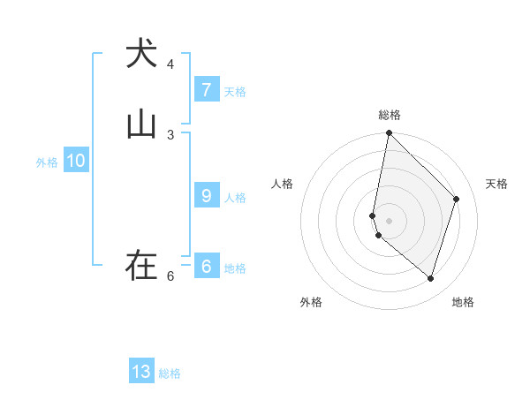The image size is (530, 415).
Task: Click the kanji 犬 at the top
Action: (x=141, y=54)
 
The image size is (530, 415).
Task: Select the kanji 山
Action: (x=141, y=124)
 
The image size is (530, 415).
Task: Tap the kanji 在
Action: (x=141, y=265)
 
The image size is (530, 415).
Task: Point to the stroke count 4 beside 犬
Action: (x=170, y=64)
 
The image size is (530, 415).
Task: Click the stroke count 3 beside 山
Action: (x=170, y=134)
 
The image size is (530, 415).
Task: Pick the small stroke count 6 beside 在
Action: (x=170, y=276)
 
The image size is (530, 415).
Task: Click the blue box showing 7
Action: (x=206, y=90)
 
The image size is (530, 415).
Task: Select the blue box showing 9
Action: (x=206, y=196)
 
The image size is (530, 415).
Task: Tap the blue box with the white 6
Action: (x=206, y=266)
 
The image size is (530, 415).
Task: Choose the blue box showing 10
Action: (x=75, y=161)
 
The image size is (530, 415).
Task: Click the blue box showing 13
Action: (x=141, y=372)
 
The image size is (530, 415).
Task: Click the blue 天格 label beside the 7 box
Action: (x=235, y=91)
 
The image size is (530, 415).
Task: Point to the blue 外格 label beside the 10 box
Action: (x=47, y=162)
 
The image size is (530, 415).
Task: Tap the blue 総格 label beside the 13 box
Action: (x=170, y=373)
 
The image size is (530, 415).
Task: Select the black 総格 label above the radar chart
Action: (x=390, y=115)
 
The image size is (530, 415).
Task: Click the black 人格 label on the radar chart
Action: (x=282, y=184)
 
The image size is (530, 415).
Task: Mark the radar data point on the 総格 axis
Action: (x=389, y=133)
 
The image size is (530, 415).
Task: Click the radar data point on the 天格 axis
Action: (x=457, y=199)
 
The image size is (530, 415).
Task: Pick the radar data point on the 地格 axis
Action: (x=430, y=278)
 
